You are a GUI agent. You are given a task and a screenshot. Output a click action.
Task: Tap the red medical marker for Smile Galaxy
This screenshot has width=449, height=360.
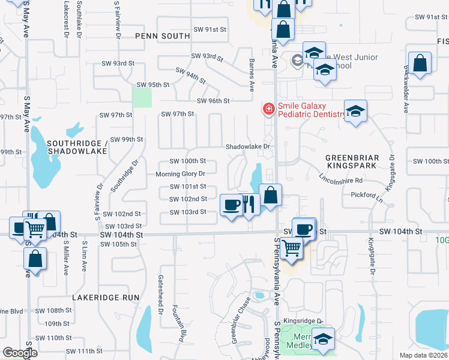[x=268, y=109]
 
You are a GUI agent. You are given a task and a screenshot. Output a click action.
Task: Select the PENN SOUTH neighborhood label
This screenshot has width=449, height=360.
[x=162, y=36]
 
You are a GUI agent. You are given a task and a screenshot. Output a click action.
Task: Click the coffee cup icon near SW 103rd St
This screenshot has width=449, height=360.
[x=231, y=205]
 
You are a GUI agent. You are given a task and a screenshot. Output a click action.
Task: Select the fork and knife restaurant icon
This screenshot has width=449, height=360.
[x=249, y=205]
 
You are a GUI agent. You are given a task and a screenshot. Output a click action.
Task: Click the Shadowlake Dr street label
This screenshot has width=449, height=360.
[x=249, y=146]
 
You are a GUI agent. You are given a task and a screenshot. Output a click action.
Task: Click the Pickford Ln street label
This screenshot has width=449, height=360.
[x=367, y=195]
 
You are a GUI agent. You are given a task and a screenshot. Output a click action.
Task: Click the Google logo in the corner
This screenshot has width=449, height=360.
[x=19, y=352]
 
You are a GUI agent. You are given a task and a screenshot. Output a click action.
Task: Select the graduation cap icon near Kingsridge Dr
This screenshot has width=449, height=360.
[x=324, y=339]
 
